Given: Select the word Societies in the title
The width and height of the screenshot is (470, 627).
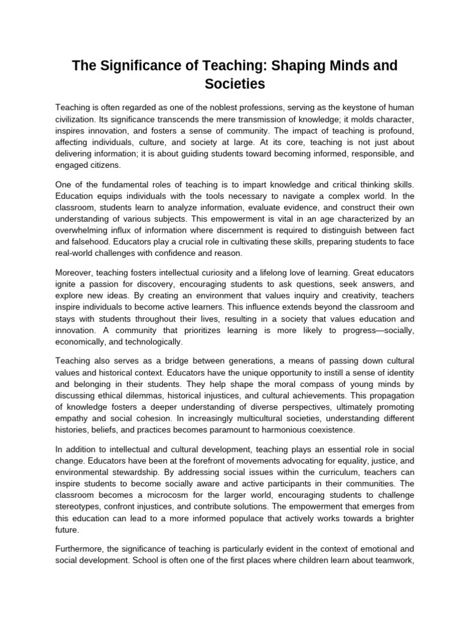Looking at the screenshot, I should [235, 83].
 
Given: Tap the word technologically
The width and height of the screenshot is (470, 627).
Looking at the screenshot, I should [150, 342].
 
